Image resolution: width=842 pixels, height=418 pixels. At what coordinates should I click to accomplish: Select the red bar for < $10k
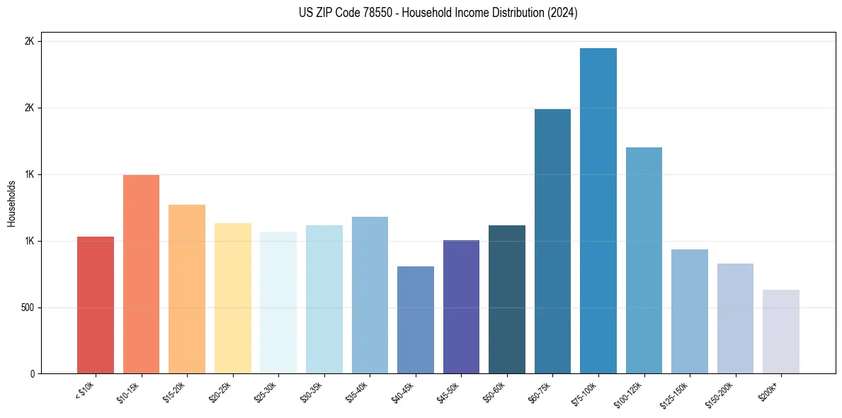tap(96, 305)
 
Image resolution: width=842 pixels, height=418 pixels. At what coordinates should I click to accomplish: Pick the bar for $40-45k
tap(416, 320)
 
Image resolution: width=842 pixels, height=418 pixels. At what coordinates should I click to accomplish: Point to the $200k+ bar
tap(781, 332)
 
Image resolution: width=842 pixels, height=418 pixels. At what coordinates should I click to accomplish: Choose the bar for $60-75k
tap(552, 241)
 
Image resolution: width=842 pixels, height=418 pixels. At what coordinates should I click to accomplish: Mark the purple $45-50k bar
tap(461, 307)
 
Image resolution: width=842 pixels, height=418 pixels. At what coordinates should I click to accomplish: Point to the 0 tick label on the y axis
tap(32, 374)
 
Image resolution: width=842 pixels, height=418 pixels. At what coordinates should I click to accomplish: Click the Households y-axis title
tap(11, 203)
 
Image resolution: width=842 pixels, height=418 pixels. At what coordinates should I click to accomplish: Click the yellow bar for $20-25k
tap(233, 298)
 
